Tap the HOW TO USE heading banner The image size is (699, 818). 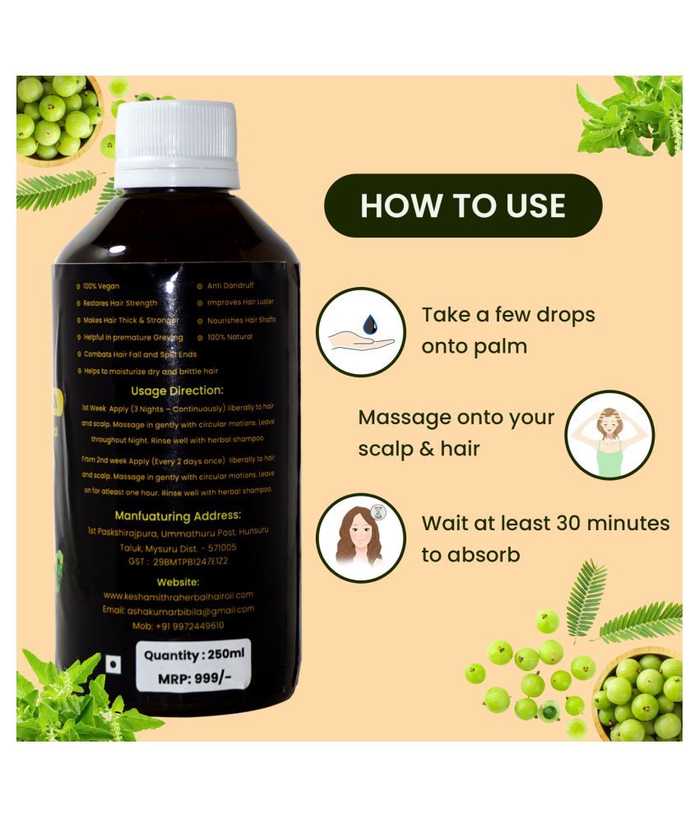click(x=463, y=205)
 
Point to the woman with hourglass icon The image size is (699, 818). click(x=361, y=538)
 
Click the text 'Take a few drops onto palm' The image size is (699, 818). click(x=507, y=330)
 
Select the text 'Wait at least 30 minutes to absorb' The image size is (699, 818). click(x=545, y=538)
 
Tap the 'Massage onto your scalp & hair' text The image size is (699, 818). click(x=456, y=433)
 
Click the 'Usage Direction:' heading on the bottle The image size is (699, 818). click(x=177, y=391)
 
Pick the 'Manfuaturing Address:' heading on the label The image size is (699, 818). click(x=178, y=515)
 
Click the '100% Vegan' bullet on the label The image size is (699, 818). click(x=101, y=286)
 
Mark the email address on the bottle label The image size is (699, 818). click(x=178, y=609)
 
